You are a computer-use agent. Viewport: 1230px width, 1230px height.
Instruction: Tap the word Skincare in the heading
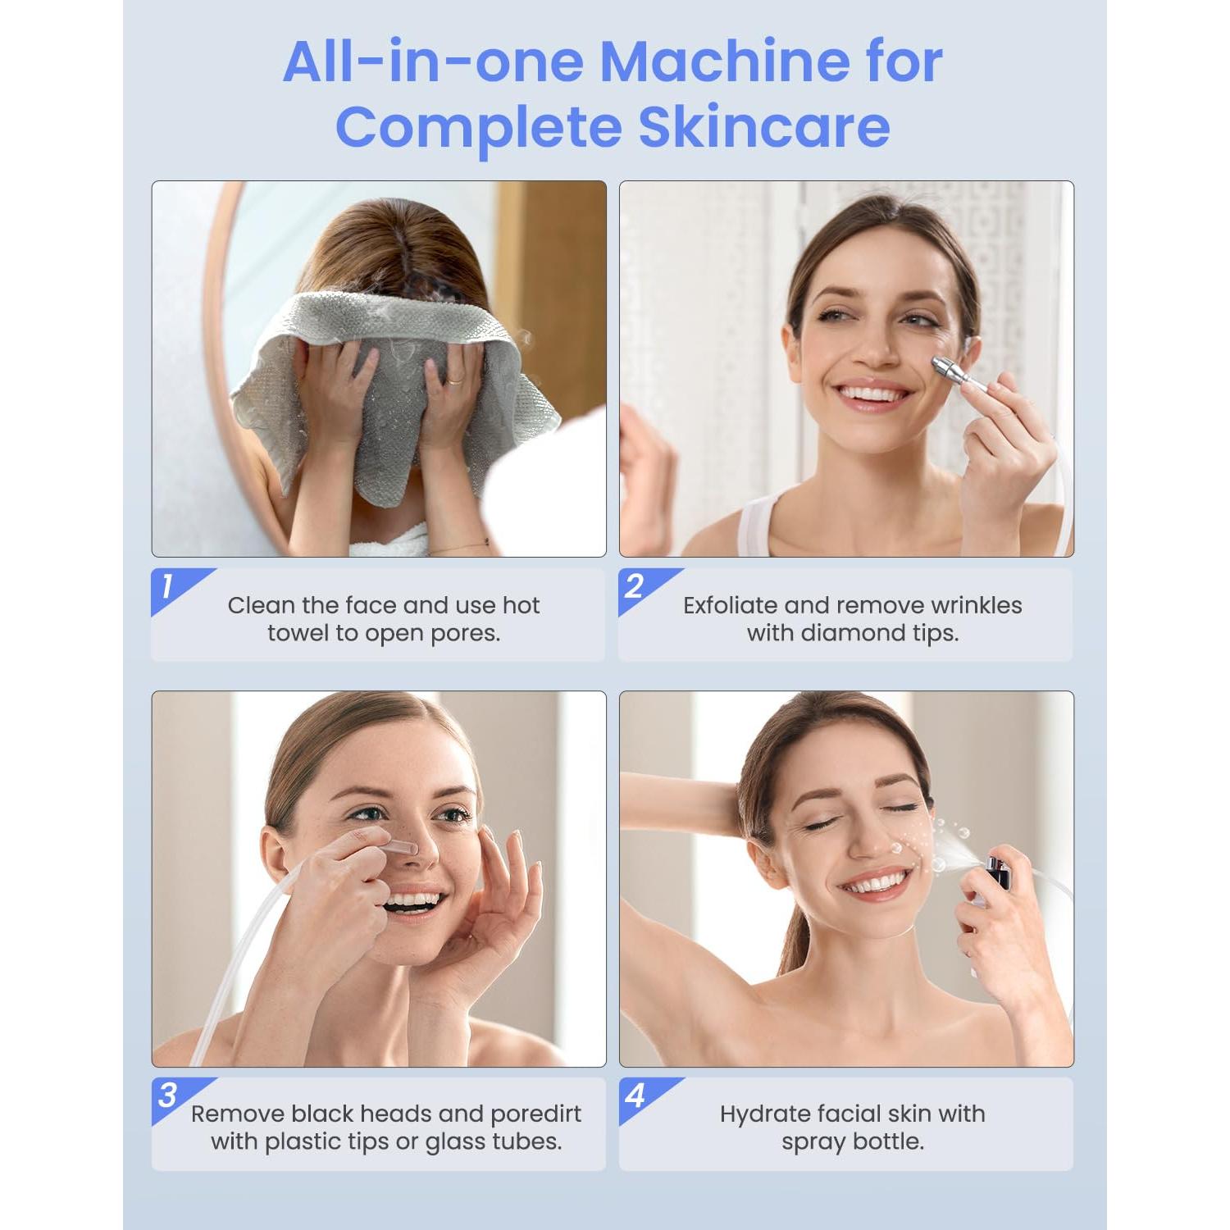(764, 128)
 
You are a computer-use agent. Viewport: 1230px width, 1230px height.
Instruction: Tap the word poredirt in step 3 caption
(535, 1114)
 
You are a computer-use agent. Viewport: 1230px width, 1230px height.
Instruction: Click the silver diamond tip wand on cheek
(955, 373)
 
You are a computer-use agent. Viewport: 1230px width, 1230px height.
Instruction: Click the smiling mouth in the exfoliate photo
(871, 395)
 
